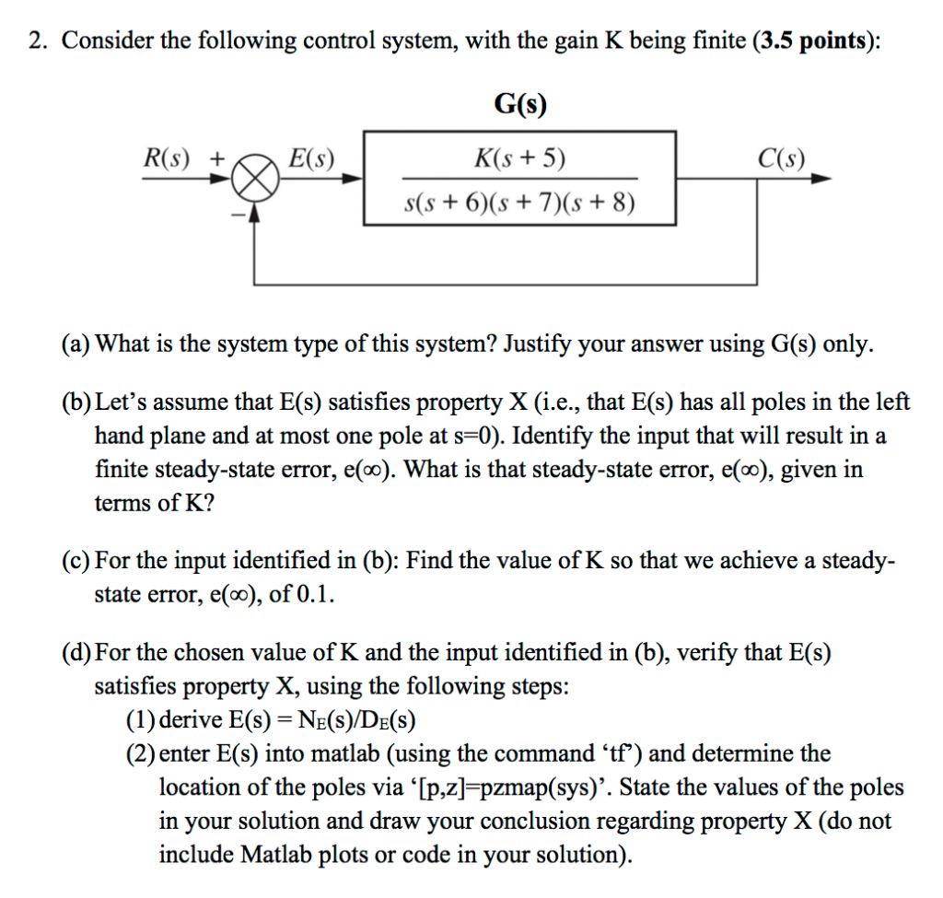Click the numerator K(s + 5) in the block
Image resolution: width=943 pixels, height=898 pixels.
520,159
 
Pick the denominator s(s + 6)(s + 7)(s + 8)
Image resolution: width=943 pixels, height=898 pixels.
520,202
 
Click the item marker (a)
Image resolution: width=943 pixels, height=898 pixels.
76,344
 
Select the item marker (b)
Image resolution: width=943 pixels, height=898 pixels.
76,402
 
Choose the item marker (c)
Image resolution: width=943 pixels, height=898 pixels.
76,561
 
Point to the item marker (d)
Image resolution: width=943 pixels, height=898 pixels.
76,653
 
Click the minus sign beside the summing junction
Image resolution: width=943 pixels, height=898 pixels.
236,215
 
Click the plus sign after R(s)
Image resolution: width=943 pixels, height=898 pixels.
217,157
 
